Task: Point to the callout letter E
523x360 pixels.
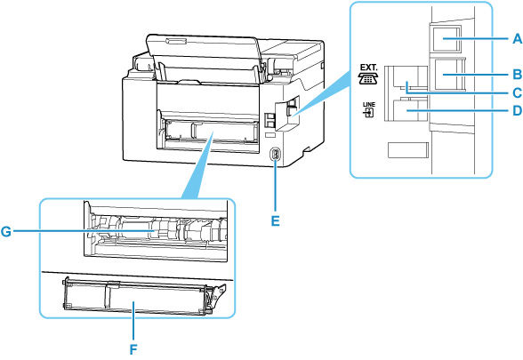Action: (274, 215)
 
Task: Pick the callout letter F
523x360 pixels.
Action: (133, 349)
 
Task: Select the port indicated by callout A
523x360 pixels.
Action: (443, 38)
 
